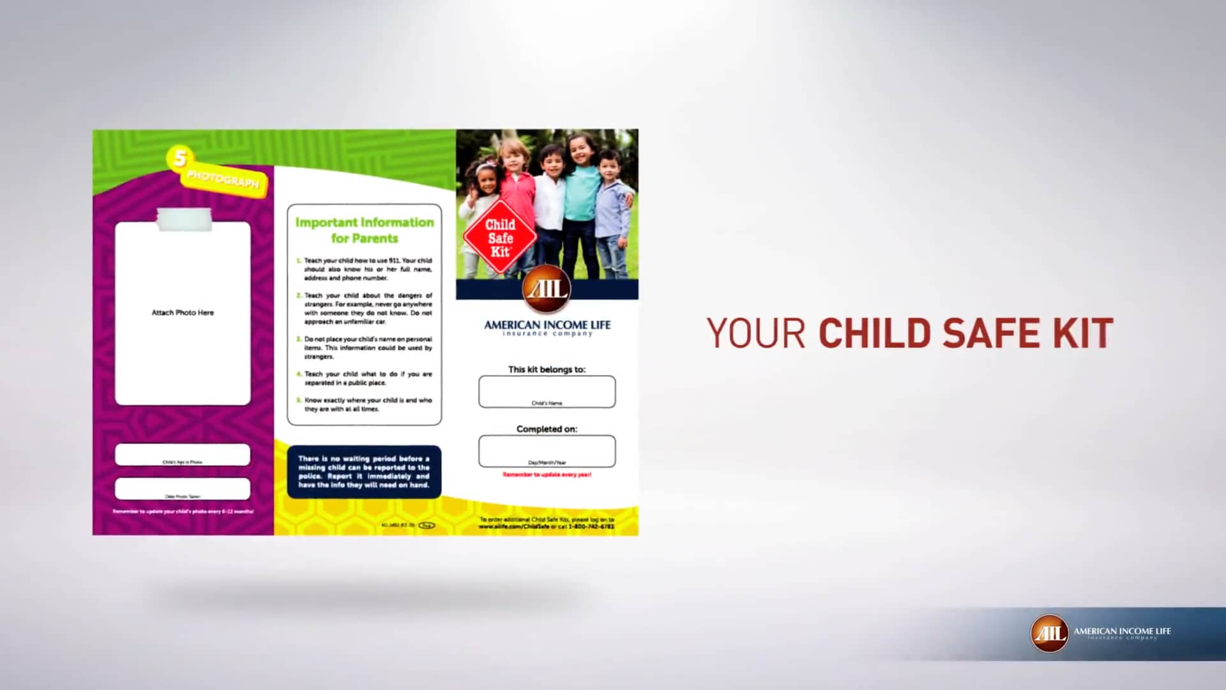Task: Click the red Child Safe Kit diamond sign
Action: click(x=500, y=238)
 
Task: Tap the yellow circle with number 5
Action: click(x=180, y=158)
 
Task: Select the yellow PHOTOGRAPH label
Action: click(x=223, y=180)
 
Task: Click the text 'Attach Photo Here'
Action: click(x=183, y=312)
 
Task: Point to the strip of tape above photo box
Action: click(x=184, y=218)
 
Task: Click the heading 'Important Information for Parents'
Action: click(x=365, y=230)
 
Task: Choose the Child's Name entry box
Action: click(x=547, y=391)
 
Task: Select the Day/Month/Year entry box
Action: click(x=547, y=450)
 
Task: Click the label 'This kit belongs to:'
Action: click(x=547, y=369)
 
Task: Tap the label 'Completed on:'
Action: click(x=547, y=429)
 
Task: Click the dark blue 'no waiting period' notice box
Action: click(x=364, y=471)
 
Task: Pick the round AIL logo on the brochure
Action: click(x=547, y=289)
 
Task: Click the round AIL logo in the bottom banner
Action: click(x=1049, y=633)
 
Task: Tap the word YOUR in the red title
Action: click(x=756, y=333)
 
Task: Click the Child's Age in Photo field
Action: click(x=183, y=454)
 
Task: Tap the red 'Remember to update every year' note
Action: click(x=547, y=475)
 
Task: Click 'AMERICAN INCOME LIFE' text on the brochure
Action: click(x=547, y=325)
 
